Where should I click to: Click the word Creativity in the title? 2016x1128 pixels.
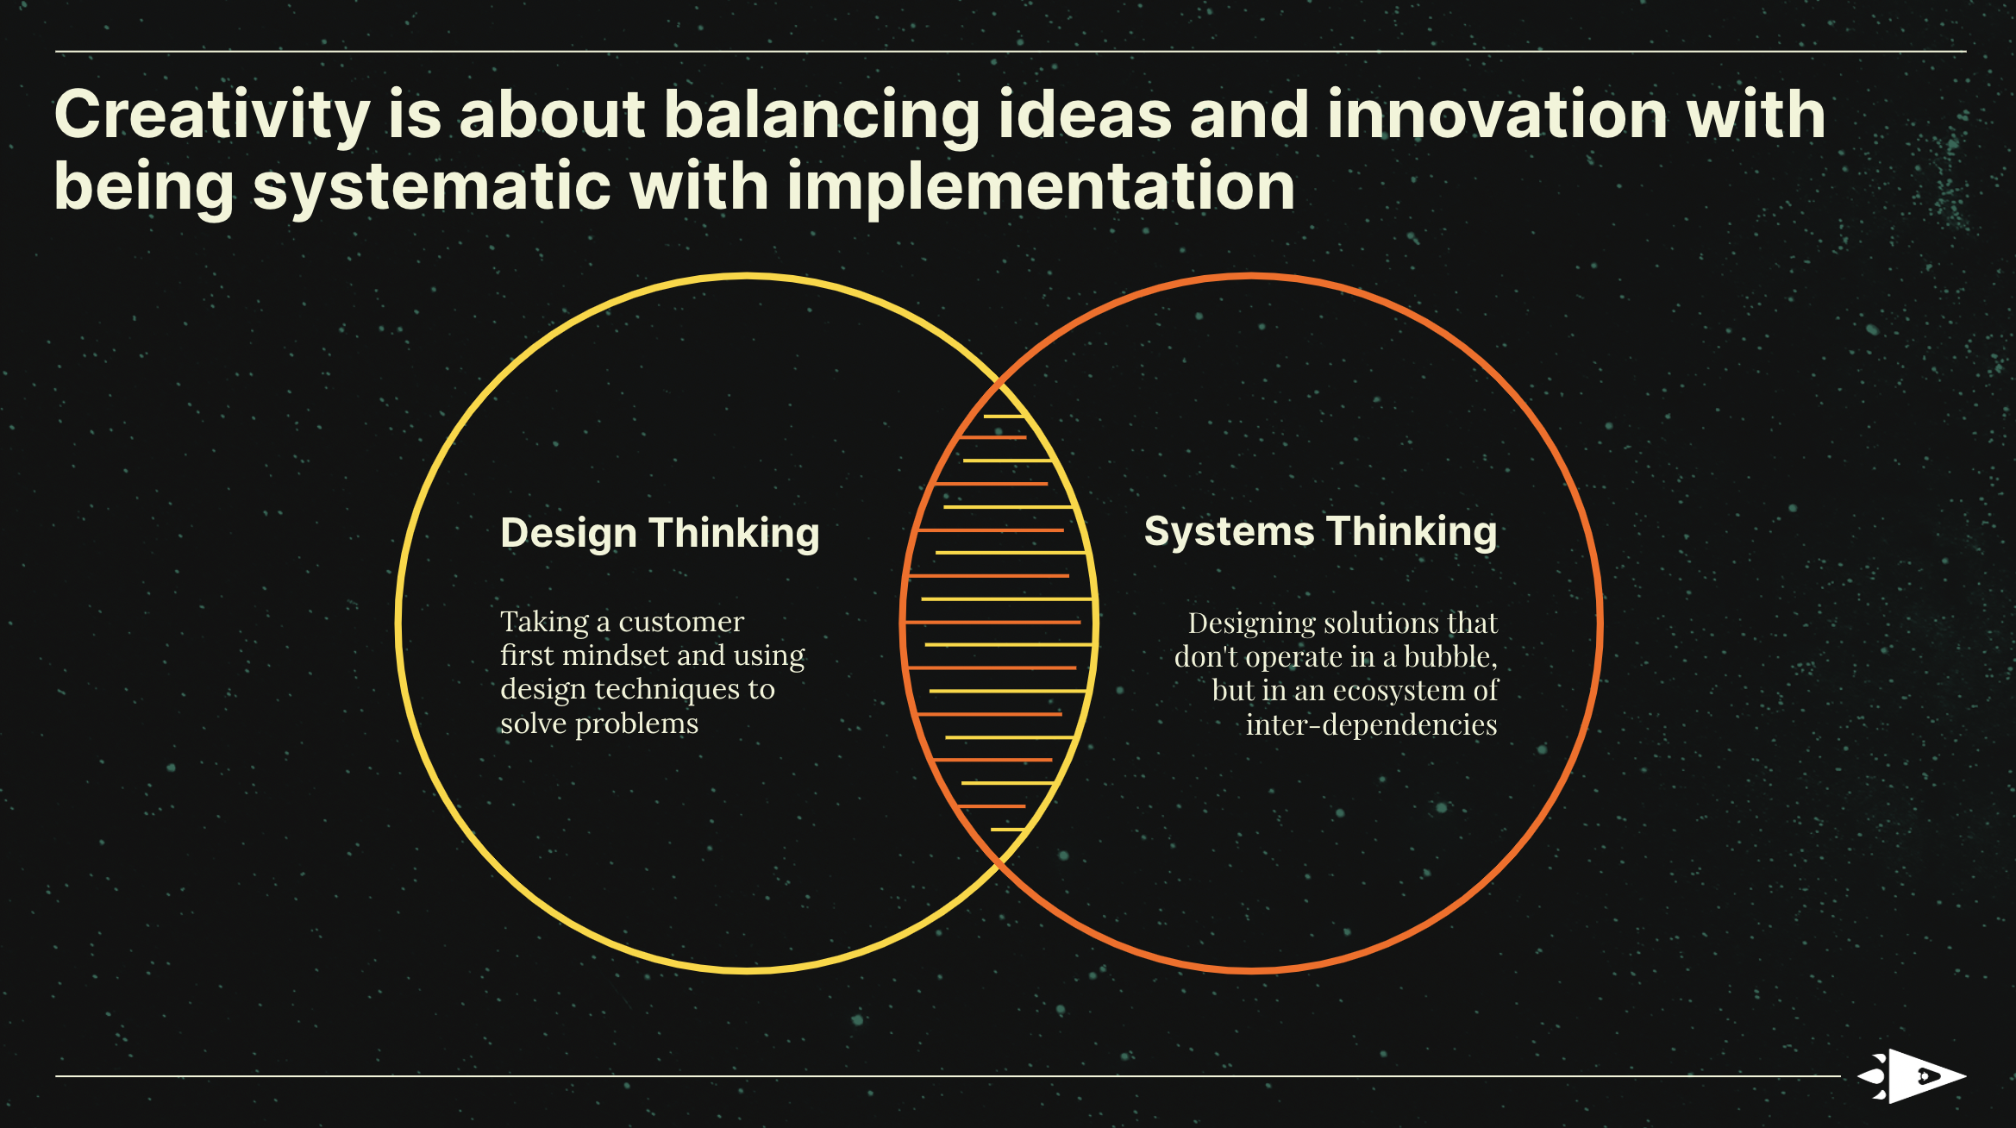[212, 116]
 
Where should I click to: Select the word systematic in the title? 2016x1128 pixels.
[432, 187]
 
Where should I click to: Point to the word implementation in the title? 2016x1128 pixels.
[1041, 187]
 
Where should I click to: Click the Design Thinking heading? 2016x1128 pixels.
[660, 534]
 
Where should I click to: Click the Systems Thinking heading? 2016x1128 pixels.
[1320, 532]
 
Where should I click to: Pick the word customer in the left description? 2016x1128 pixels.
[681, 622]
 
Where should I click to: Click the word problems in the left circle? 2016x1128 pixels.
[636, 724]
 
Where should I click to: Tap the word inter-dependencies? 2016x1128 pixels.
[1371, 725]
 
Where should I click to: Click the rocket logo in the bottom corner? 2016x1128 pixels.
[1911, 1076]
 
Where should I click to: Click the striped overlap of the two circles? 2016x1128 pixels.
[999, 622]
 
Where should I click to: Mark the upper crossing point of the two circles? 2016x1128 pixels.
[999, 380]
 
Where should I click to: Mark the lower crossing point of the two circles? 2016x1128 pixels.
[999, 863]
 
